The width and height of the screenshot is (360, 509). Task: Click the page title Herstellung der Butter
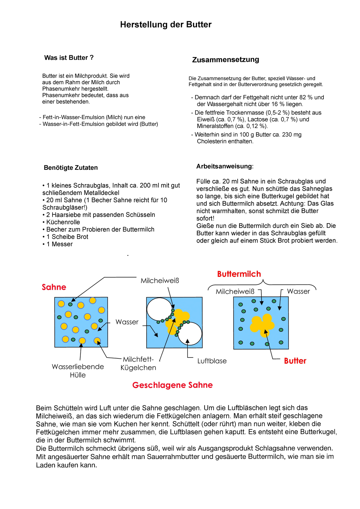[x=166, y=25]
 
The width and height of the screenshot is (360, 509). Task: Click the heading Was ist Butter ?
[x=69, y=58]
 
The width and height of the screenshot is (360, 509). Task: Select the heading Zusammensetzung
[x=226, y=59]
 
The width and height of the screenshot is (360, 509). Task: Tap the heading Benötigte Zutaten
[x=71, y=168]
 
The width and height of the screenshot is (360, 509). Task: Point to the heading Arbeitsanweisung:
[x=225, y=166]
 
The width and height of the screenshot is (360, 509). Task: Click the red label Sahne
[x=54, y=287]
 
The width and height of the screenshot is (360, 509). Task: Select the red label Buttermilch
[x=239, y=274]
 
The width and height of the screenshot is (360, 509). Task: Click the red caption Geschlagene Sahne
[x=172, y=385]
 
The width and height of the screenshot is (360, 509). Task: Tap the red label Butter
[x=295, y=361]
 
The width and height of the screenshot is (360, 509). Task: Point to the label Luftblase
[x=212, y=361]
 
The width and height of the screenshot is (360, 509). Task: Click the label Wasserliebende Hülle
[x=78, y=371]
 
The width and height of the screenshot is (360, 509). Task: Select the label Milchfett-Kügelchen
[x=138, y=364]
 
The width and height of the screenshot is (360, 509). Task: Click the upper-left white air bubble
[x=159, y=309]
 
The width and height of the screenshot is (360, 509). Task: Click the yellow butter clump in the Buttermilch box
[x=262, y=324]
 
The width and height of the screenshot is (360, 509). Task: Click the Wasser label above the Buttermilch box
[x=298, y=291]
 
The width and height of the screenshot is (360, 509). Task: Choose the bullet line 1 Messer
[x=59, y=244]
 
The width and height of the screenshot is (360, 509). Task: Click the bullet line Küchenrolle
[x=63, y=222]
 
